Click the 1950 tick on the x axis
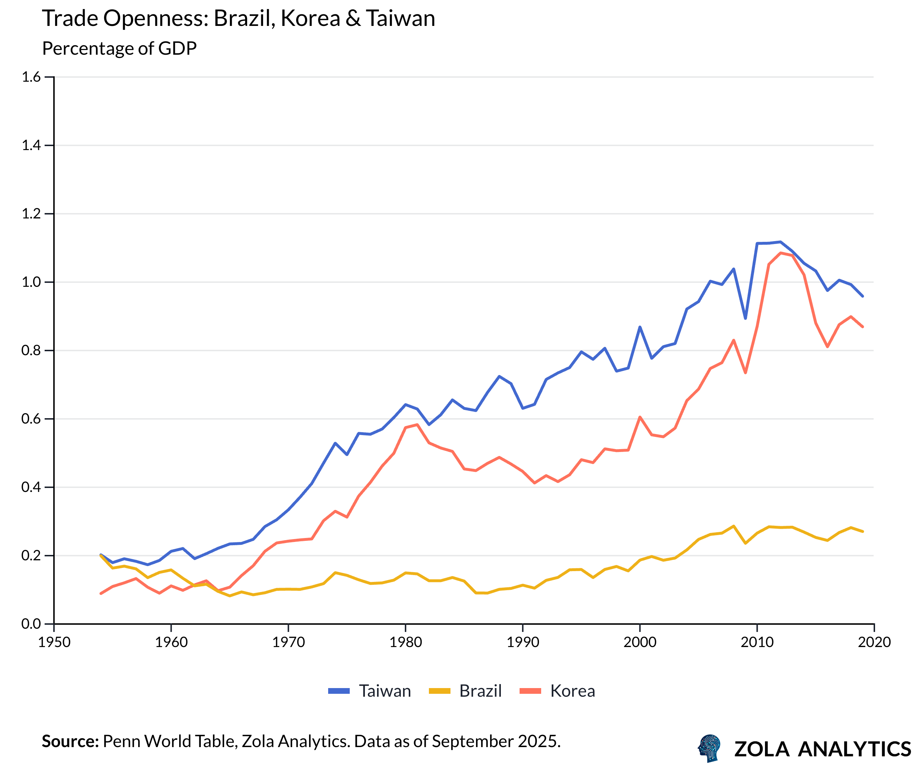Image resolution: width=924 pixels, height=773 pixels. click(54, 642)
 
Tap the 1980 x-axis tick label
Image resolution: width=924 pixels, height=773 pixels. click(405, 642)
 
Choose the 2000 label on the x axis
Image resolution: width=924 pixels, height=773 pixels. click(640, 642)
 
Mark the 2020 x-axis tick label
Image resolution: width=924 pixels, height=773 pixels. click(874, 642)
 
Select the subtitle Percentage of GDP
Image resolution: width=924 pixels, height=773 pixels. click(119, 48)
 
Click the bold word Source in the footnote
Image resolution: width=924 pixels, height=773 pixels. click(70, 741)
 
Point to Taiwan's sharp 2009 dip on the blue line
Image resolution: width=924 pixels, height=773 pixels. click(746, 318)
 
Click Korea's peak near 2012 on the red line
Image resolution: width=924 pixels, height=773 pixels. click(781, 253)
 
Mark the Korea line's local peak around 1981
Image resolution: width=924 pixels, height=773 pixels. click(417, 425)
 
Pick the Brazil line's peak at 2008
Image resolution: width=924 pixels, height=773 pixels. click(734, 526)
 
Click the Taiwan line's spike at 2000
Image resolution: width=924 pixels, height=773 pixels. click(640, 327)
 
